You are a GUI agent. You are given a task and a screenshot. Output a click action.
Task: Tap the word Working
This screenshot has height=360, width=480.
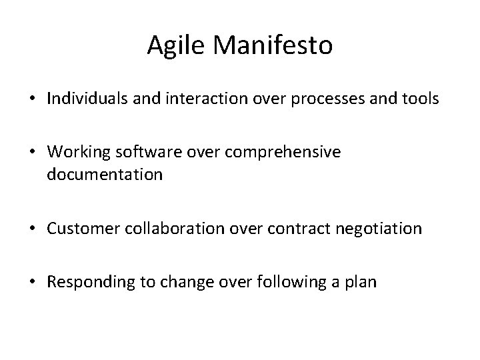coord(75,153)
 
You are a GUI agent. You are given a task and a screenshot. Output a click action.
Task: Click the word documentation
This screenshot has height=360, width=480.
coord(104,175)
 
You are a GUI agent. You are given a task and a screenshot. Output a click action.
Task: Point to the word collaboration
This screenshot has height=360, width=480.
coord(168,229)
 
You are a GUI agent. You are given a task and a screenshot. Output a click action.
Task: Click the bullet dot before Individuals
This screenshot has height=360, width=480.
coord(33,100)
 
